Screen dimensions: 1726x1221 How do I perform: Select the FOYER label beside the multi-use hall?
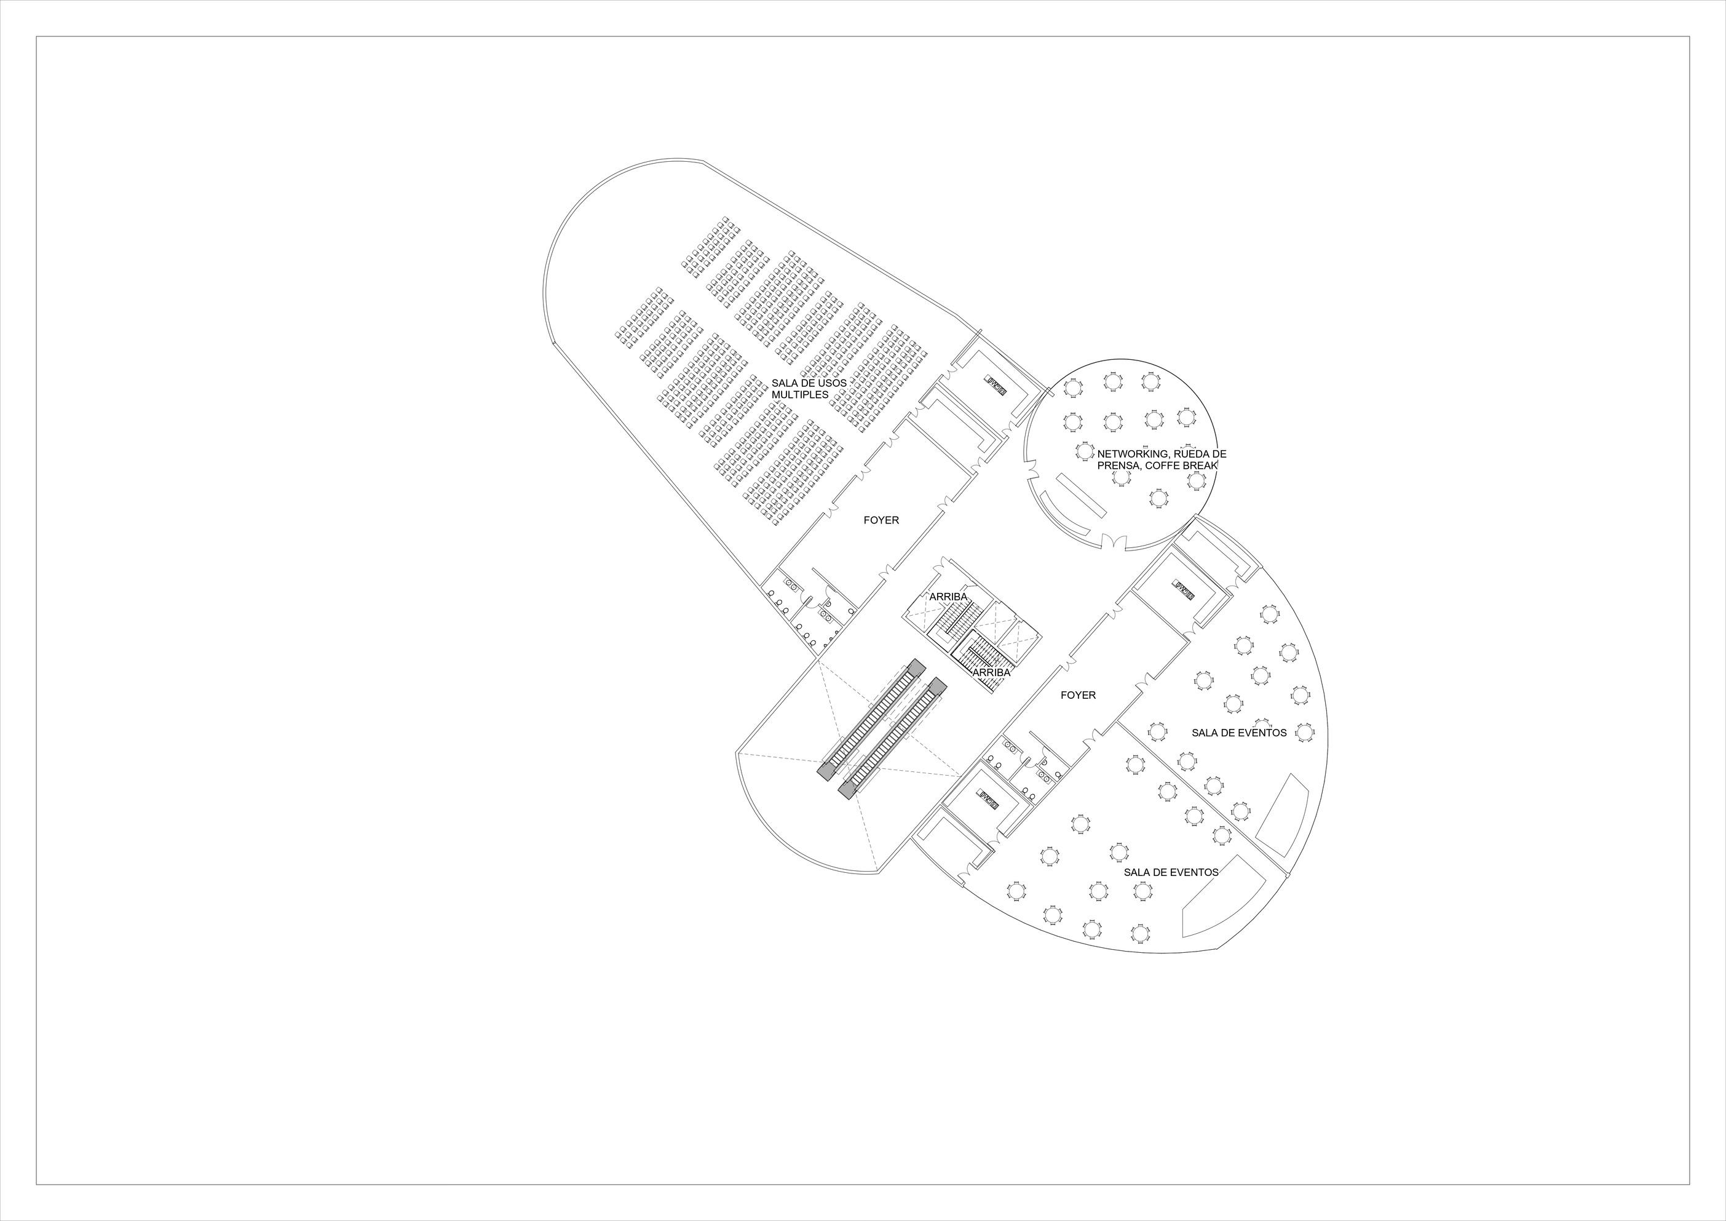coord(881,520)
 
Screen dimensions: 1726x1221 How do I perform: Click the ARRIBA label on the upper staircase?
coord(948,597)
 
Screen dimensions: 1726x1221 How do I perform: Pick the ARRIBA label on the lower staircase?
coord(991,672)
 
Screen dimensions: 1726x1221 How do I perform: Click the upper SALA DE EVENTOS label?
coord(1239,733)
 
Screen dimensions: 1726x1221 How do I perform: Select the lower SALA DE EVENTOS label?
coord(1171,872)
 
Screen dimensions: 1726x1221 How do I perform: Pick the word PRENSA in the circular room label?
coord(1118,466)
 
